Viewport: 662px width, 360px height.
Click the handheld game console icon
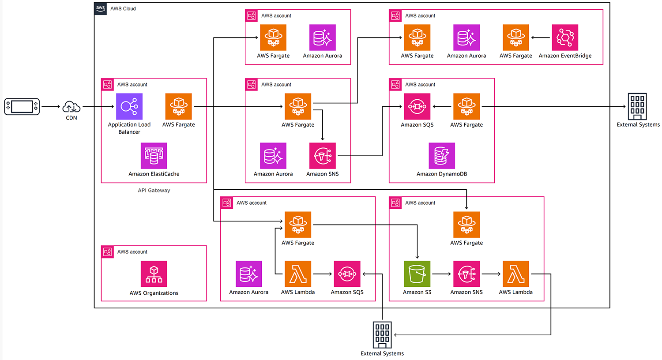click(22, 107)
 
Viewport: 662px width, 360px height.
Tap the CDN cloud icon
click(71, 107)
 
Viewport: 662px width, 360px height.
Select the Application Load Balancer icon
click(129, 106)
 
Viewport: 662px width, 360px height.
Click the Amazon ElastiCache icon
click(154, 156)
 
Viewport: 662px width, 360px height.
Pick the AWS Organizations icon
click(154, 274)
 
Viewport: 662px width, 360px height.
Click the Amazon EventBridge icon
click(565, 37)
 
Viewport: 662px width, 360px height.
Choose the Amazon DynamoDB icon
click(442, 156)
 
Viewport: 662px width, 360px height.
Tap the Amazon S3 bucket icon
click(417, 274)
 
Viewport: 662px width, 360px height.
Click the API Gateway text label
click(154, 191)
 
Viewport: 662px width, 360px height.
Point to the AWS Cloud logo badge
click(101, 8)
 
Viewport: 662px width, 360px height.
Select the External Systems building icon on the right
click(637, 106)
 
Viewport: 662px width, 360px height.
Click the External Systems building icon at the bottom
click(382, 335)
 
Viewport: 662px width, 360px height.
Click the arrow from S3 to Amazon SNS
click(441, 274)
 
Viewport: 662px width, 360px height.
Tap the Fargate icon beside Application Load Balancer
click(179, 106)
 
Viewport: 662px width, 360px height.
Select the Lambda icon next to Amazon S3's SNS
click(516, 274)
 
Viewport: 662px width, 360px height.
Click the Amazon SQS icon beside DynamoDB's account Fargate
click(417, 106)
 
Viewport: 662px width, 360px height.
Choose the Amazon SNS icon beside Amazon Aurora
click(323, 156)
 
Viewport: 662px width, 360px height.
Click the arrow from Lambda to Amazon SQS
click(322, 274)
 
